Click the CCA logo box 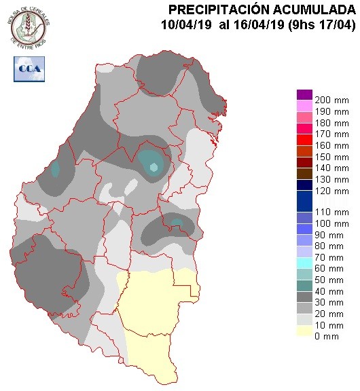[27, 68]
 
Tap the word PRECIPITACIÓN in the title [217, 10]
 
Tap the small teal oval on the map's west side [55, 169]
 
